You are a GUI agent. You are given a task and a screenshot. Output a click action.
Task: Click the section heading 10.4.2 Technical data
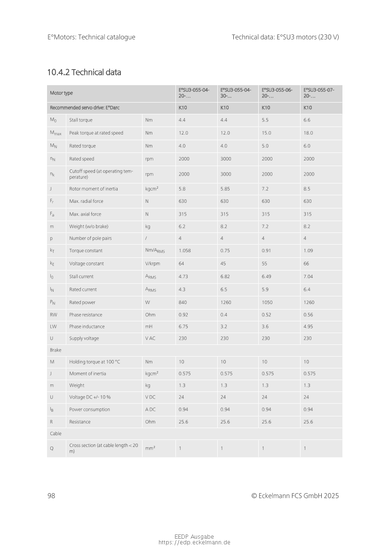coord(84,72)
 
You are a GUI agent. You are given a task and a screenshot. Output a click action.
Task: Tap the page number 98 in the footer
coord(51,495)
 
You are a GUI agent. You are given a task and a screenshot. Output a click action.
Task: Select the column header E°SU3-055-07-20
coord(319,93)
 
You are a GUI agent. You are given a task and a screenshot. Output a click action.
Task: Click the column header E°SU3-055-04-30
coord(236,93)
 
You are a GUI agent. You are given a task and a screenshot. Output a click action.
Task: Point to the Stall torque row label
coord(81,120)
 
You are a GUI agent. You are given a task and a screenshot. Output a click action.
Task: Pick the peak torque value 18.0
coord(308,133)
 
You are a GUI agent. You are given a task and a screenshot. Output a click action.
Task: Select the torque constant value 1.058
coord(184,251)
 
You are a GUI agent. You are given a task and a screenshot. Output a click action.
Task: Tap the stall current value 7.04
coord(308,277)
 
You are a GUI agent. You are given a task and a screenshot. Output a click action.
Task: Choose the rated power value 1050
coord(267,303)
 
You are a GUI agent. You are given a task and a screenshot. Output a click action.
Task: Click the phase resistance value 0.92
coord(183,315)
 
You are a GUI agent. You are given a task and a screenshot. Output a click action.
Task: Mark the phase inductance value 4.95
coord(308,327)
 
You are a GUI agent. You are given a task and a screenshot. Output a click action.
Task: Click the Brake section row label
coord(56,350)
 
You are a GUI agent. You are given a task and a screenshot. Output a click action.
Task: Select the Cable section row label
coord(56,433)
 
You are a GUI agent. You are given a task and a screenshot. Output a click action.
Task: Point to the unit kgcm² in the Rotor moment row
coord(151,189)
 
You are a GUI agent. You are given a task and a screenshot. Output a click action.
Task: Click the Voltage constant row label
coord(87,263)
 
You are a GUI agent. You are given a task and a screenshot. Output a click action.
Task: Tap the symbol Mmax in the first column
coord(56,133)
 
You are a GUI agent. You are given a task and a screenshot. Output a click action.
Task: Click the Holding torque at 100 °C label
coord(95,362)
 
